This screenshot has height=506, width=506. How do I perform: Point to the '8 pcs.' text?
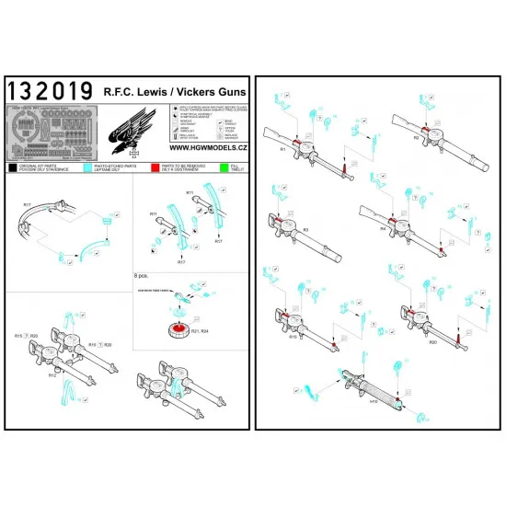143,275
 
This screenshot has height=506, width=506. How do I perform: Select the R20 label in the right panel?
407,339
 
